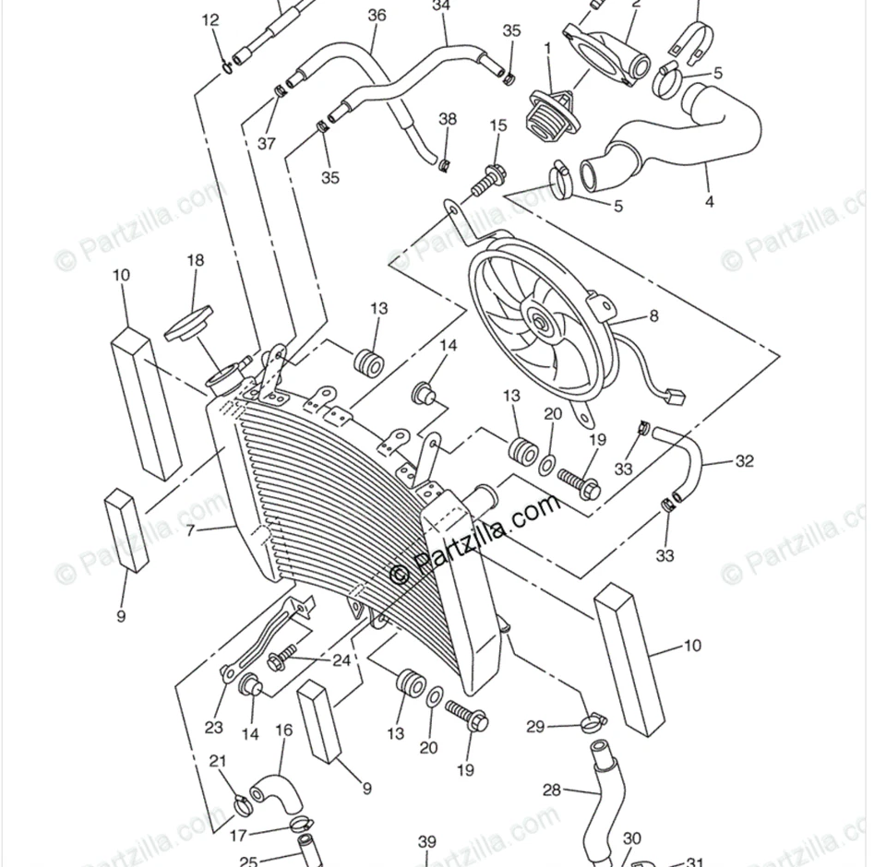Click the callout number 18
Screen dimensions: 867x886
[195, 261]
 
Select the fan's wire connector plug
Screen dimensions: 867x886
[675, 398]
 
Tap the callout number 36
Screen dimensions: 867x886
[377, 16]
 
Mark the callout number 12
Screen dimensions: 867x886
[210, 20]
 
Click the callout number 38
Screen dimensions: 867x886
[448, 119]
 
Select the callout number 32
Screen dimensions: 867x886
[745, 461]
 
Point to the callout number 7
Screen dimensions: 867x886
[190, 530]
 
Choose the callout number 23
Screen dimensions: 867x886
[214, 728]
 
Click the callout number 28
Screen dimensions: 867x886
[551, 790]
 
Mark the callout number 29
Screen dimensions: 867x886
[535, 727]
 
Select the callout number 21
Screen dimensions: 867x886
[218, 761]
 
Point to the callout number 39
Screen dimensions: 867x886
[426, 841]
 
